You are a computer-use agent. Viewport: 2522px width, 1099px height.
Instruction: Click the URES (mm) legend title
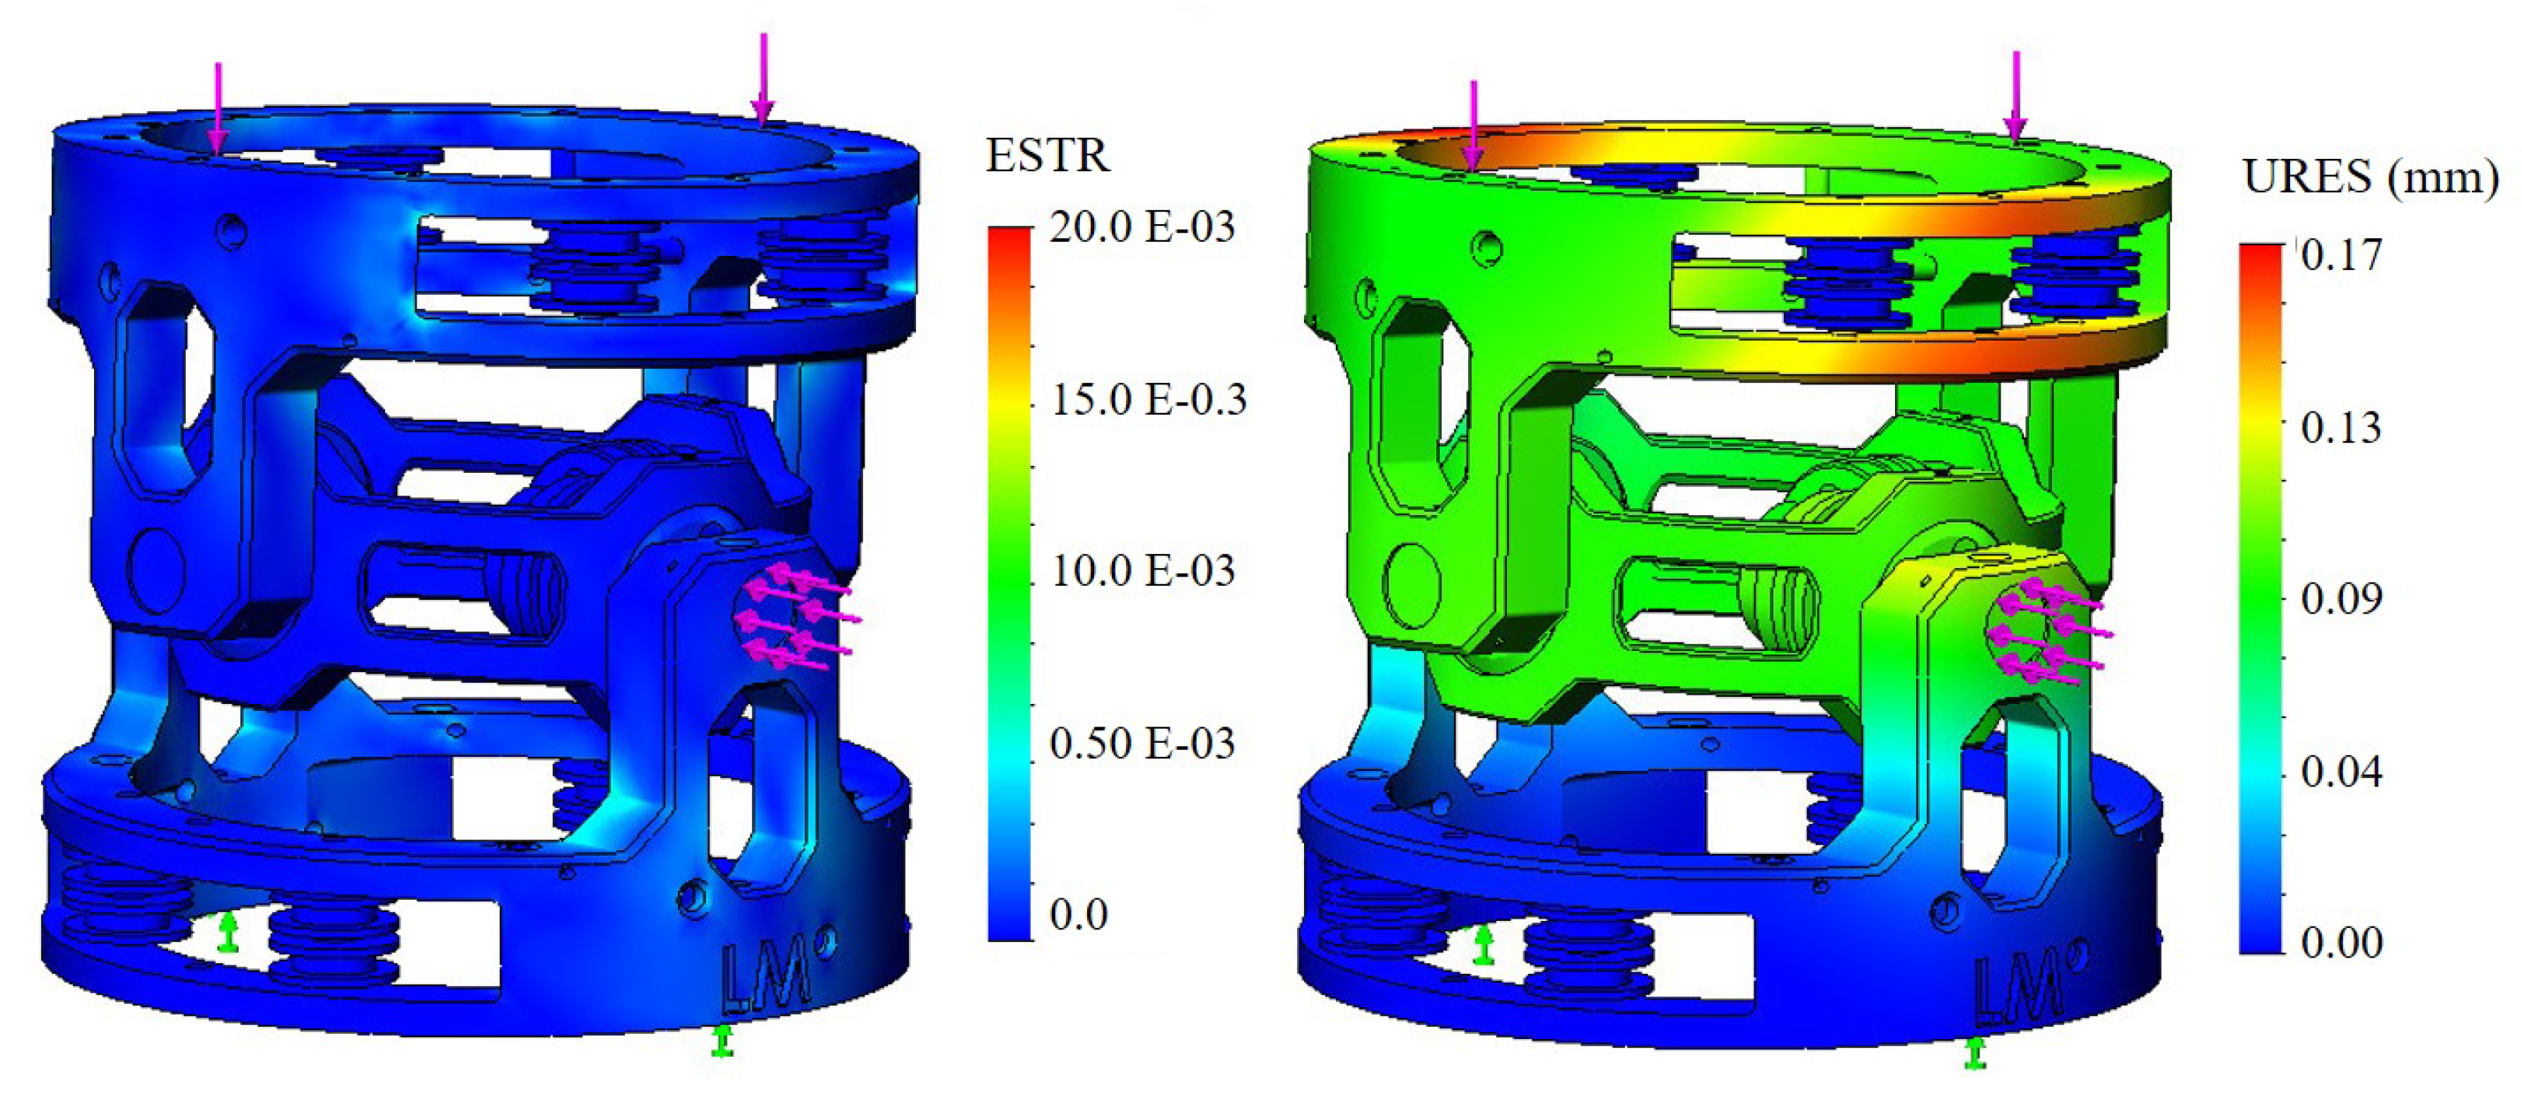coord(2369,178)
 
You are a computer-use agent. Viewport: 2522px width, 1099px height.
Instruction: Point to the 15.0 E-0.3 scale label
coord(1147,399)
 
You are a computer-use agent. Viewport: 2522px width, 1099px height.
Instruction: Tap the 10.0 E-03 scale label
coord(1142,570)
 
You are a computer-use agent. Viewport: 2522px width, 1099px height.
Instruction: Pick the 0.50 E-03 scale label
coord(1142,744)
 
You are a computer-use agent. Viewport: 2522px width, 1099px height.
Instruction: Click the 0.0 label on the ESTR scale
coord(1078,915)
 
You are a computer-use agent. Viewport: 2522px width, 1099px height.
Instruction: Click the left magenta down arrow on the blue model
coord(218,107)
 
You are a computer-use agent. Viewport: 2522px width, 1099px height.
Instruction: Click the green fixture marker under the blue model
coord(722,1041)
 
